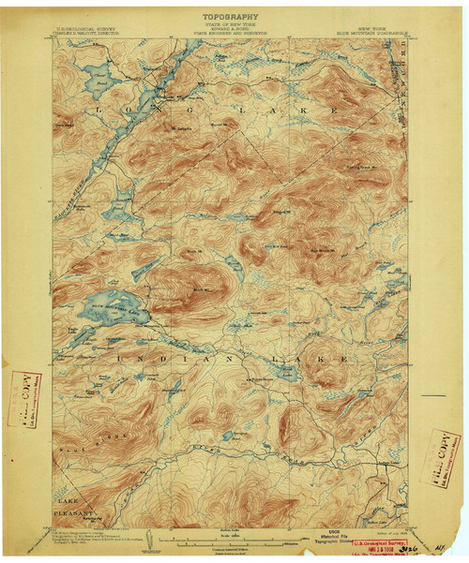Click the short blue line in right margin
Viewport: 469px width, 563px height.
(433, 396)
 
